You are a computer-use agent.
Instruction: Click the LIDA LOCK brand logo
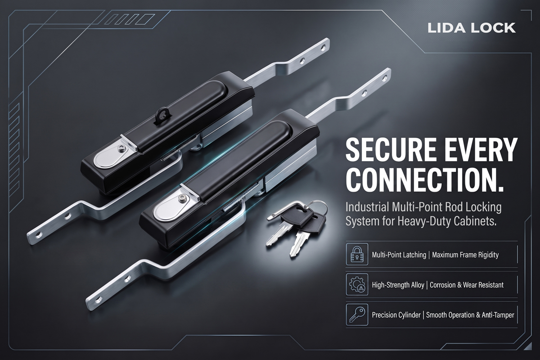point(472,28)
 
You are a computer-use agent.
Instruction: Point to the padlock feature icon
point(357,254)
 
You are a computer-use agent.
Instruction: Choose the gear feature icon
point(357,284)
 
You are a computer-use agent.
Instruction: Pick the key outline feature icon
point(357,315)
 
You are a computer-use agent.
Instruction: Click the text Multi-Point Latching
point(399,255)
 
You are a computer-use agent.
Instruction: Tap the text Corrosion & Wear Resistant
point(467,285)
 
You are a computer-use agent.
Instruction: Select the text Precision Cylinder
point(396,315)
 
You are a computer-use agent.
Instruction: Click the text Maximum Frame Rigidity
point(465,255)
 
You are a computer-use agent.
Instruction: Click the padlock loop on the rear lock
point(163,113)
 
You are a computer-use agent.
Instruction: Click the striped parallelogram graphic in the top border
point(130,19)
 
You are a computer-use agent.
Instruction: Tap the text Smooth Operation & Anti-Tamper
point(470,315)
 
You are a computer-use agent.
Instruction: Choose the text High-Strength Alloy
point(398,285)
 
